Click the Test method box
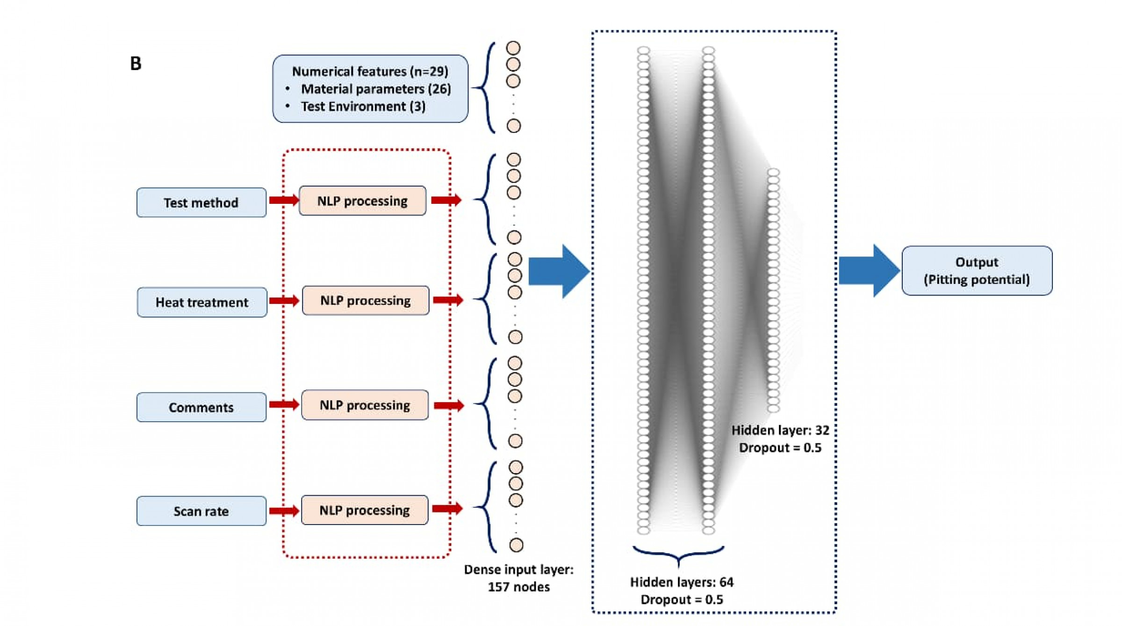[201, 202]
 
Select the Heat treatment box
[202, 302]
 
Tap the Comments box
[201, 407]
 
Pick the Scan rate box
[201, 511]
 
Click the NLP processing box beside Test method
[362, 201]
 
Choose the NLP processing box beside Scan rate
[365, 510]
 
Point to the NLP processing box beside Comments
[365, 405]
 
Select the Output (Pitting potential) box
[977, 271]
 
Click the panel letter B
[136, 64]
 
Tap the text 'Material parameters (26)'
[376, 89]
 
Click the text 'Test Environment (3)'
[363, 107]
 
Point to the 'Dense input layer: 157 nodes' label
[518, 578]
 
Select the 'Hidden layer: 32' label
[780, 430]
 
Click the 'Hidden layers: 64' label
[682, 582]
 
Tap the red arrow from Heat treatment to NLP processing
[284, 300]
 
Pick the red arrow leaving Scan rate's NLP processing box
[447, 508]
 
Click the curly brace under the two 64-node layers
[678, 554]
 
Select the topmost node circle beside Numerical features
[513, 48]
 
